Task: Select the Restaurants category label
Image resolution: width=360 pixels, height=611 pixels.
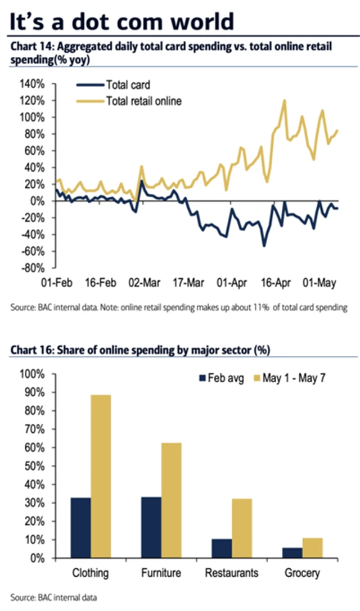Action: [x=232, y=573]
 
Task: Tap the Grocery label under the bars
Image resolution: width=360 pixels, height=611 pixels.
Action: [x=302, y=573]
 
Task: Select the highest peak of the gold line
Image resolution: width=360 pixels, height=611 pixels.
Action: [x=284, y=101]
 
